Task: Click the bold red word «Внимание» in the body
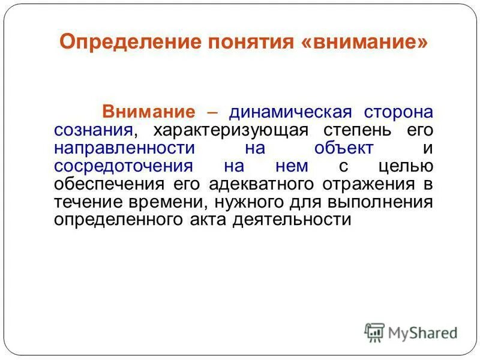click(x=149, y=112)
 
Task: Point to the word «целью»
click(x=406, y=166)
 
